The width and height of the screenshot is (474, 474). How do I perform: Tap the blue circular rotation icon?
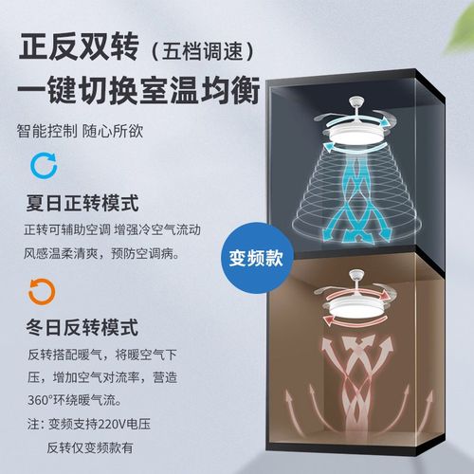tap(41, 167)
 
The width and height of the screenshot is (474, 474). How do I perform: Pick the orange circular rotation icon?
tap(41, 289)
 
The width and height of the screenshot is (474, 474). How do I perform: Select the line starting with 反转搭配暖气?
tap(114, 354)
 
